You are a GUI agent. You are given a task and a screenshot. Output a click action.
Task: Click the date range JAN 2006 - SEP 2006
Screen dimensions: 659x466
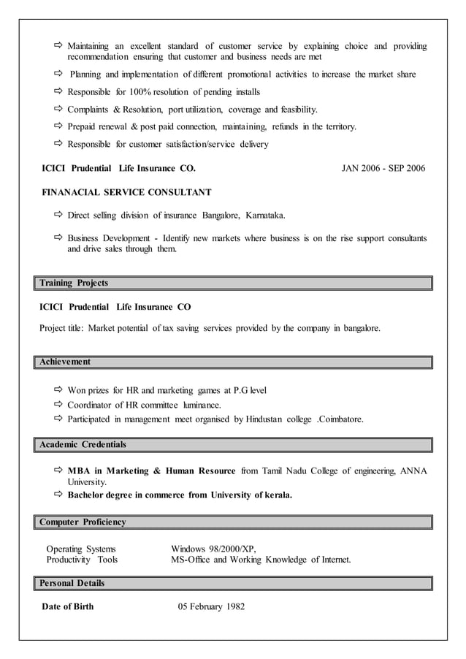(383, 168)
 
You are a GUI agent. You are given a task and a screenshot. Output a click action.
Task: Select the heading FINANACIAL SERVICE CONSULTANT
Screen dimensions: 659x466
(126, 192)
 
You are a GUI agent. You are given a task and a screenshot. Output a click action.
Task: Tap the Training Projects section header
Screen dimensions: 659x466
(74, 283)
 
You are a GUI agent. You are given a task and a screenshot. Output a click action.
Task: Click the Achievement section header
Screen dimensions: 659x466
(65, 362)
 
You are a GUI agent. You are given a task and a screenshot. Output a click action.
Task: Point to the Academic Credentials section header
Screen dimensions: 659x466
(83, 444)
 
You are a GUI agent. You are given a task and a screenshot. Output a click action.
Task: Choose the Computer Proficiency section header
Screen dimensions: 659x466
(83, 522)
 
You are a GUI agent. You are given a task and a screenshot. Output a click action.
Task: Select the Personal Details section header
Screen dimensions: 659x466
(72, 583)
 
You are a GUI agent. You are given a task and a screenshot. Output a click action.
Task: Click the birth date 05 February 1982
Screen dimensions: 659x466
(211, 606)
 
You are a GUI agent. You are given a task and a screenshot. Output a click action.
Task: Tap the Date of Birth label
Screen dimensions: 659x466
(68, 606)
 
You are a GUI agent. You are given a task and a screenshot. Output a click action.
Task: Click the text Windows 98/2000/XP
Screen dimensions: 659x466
(213, 549)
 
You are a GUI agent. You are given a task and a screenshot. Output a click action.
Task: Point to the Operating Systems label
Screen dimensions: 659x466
(80, 549)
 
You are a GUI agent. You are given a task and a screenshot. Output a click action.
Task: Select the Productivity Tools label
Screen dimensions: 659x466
(82, 560)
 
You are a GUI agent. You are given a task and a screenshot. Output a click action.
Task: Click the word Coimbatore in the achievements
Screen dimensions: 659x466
(340, 419)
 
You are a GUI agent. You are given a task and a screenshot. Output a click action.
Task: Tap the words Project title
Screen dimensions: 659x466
(62, 328)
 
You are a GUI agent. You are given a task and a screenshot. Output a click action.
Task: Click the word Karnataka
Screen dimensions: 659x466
(265, 216)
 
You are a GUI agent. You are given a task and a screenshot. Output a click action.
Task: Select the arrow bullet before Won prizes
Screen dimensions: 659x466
(59, 390)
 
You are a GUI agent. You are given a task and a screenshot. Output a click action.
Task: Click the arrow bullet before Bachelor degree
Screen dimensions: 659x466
(59, 495)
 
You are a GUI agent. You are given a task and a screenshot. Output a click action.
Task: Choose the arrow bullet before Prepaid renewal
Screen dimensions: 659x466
(59, 126)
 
